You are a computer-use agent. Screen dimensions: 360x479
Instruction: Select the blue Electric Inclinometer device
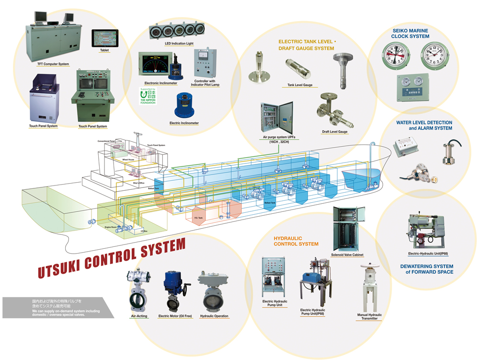pyautogui.click(x=184, y=106)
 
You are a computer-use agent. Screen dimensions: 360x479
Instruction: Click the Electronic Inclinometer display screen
pyautogui.click(x=155, y=64)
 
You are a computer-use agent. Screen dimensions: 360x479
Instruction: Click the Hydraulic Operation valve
pyautogui.click(x=213, y=293)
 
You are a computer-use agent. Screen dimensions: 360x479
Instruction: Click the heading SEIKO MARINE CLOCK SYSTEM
pyautogui.click(x=410, y=33)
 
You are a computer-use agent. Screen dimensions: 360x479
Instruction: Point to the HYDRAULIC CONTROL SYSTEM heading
pyautogui.click(x=296, y=241)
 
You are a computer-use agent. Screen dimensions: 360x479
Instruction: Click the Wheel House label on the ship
pyautogui.click(x=128, y=160)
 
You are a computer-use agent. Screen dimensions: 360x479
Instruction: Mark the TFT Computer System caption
pyautogui.click(x=53, y=64)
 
